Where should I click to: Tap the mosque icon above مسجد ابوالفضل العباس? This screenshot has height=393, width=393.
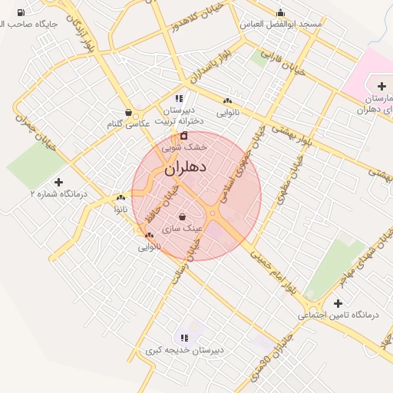(280, 12)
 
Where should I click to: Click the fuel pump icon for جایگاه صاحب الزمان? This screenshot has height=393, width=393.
(20, 12)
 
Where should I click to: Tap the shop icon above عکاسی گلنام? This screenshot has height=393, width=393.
(128, 112)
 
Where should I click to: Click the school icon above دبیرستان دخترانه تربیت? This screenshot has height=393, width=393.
(179, 98)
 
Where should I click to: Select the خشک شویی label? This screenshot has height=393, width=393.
(184, 146)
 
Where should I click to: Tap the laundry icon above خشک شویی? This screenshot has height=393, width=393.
(183, 135)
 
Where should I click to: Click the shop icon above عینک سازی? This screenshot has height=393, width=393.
(182, 216)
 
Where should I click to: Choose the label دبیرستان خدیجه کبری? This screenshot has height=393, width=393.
(185, 350)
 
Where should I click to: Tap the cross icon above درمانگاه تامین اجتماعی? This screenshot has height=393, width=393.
(338, 303)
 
